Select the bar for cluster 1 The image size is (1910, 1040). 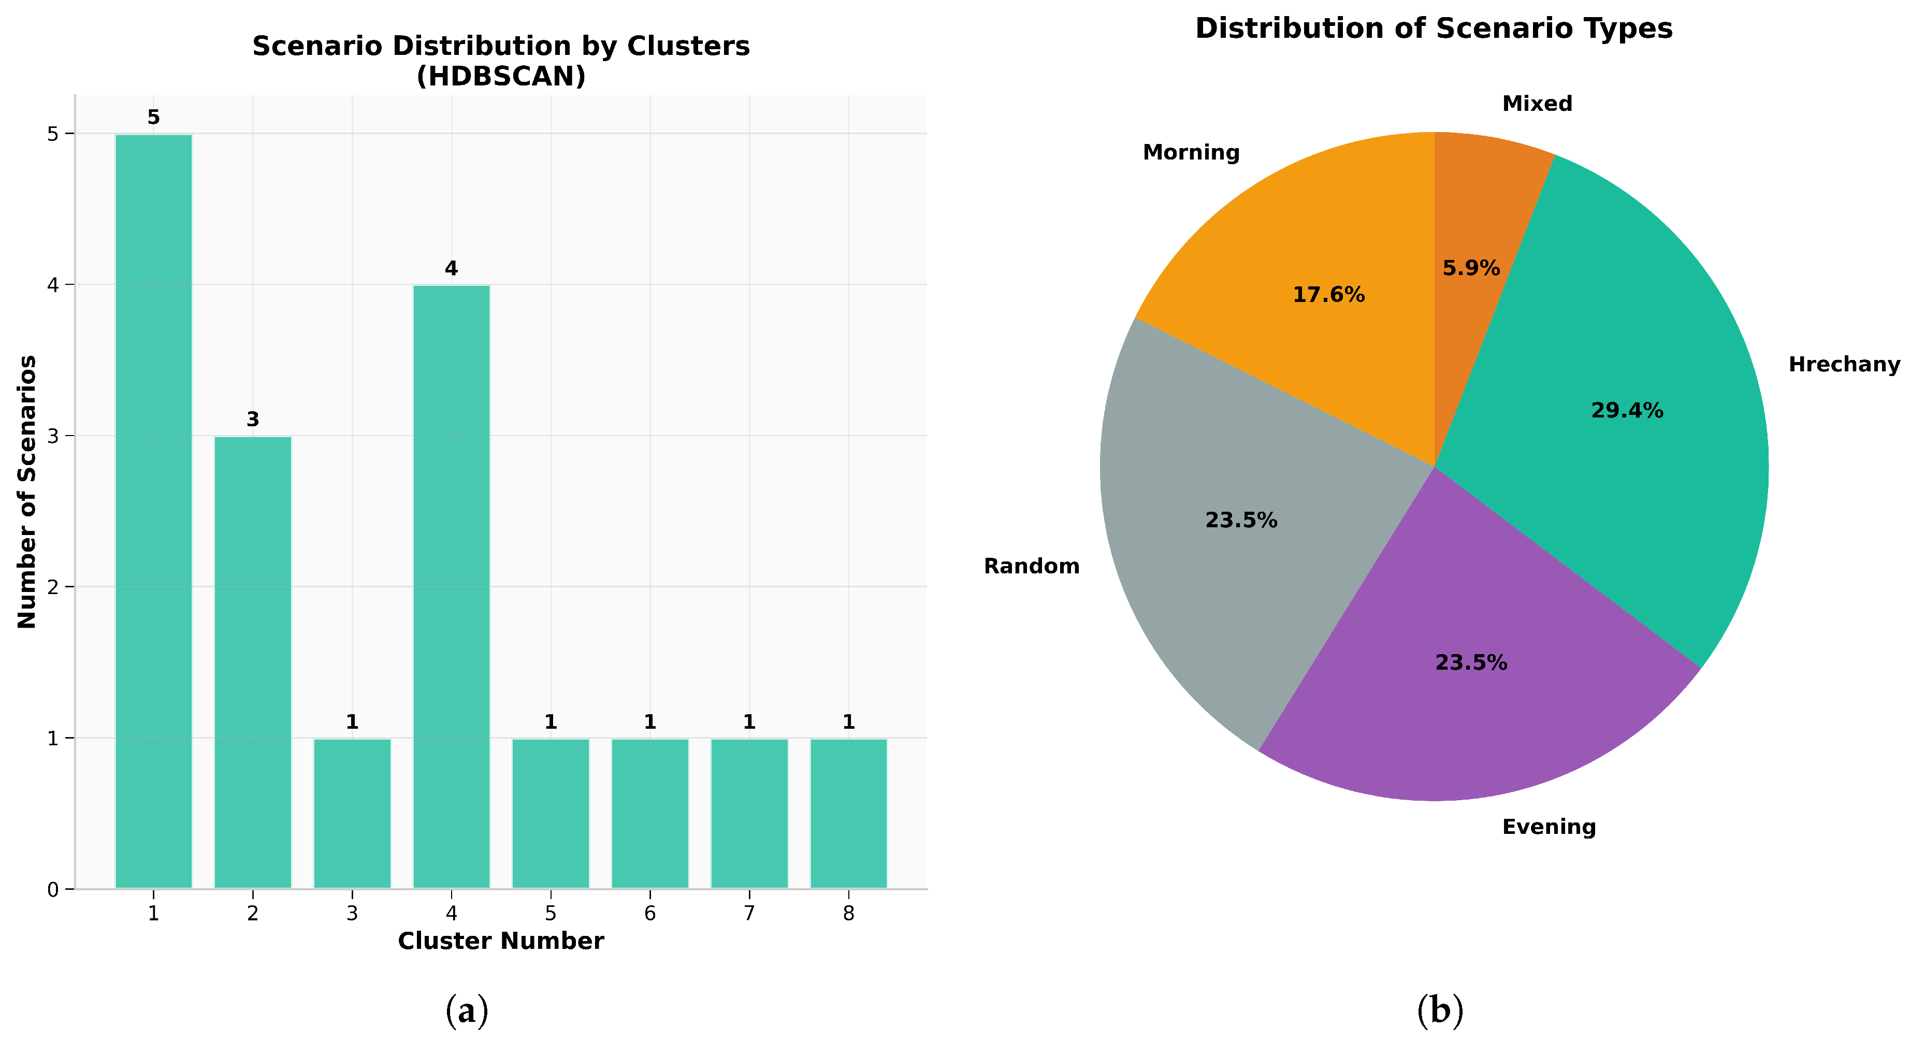(153, 512)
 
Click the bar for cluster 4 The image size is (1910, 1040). (452, 586)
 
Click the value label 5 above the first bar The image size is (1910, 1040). (153, 117)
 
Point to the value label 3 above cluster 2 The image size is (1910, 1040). (253, 420)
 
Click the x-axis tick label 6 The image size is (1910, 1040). (649, 913)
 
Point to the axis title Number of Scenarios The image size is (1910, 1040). (27, 492)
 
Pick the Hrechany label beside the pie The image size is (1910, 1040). (1844, 365)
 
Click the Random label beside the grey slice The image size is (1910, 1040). (1031, 566)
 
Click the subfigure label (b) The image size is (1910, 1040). (1439, 1010)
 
